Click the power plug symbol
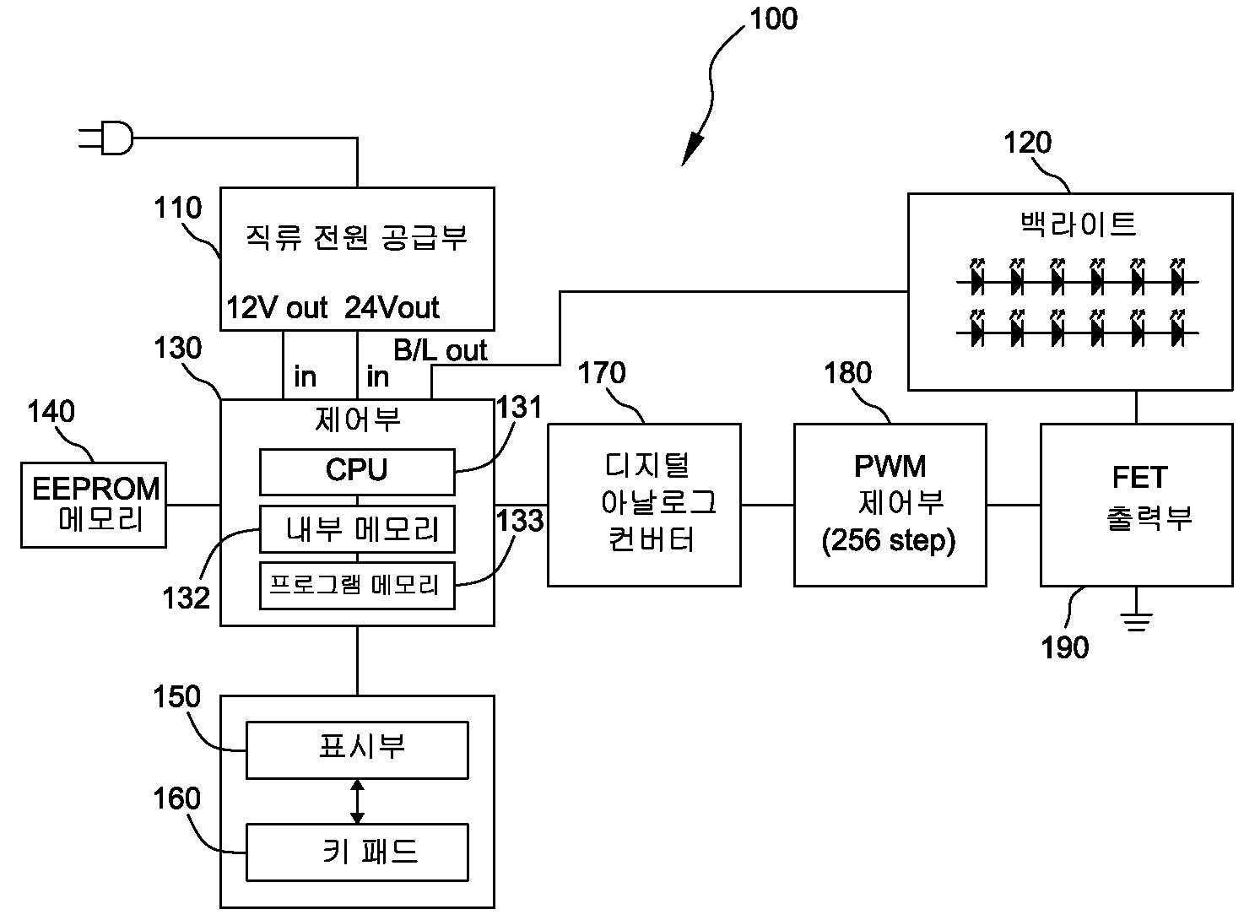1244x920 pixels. point(108,138)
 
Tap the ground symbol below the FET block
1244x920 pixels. point(1136,623)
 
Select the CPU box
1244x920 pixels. point(356,471)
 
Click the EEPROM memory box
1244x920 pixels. point(94,504)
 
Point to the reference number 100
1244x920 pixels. point(773,19)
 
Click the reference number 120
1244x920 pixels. point(1027,143)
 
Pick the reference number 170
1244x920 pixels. point(602,372)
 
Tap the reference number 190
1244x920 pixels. point(1065,647)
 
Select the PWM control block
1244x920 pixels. point(890,504)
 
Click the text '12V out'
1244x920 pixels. point(276,308)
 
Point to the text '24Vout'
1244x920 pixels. point(392,308)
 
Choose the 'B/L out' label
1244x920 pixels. point(441,350)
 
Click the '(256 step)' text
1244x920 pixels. point(889,540)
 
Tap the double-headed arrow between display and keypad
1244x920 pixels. point(357,801)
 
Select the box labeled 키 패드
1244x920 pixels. point(356,852)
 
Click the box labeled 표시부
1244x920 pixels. point(356,749)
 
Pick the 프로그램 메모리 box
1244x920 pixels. point(356,584)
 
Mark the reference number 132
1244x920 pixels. point(186,598)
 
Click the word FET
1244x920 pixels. point(1139,478)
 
